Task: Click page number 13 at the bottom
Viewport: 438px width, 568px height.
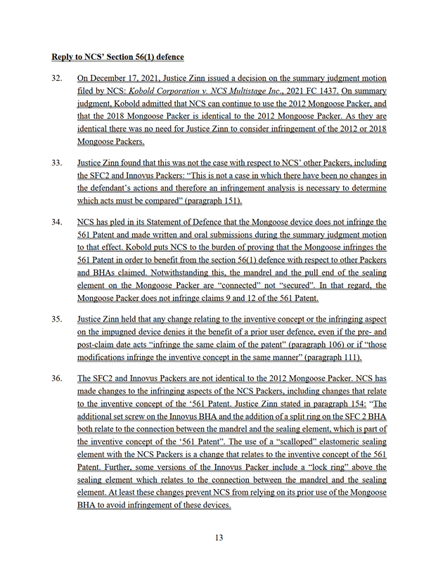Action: click(x=219, y=538)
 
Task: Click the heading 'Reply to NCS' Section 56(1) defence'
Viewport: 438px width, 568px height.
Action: click(x=125, y=54)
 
